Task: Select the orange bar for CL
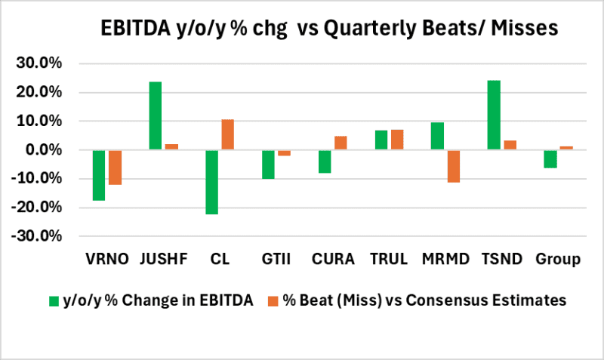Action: tap(228, 134)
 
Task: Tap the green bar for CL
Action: tap(212, 182)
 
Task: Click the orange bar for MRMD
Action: tap(453, 166)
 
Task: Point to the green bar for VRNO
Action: tap(99, 175)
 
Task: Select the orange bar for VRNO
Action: tap(115, 168)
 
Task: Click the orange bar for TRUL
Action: tap(397, 140)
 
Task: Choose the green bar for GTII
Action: tap(269, 165)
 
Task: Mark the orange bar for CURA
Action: tap(341, 143)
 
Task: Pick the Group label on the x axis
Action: tap(558, 260)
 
